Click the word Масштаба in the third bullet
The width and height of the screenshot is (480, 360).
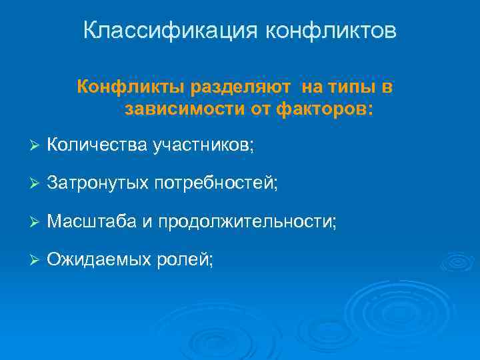click(x=92, y=221)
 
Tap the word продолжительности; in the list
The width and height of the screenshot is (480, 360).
click(x=248, y=221)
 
